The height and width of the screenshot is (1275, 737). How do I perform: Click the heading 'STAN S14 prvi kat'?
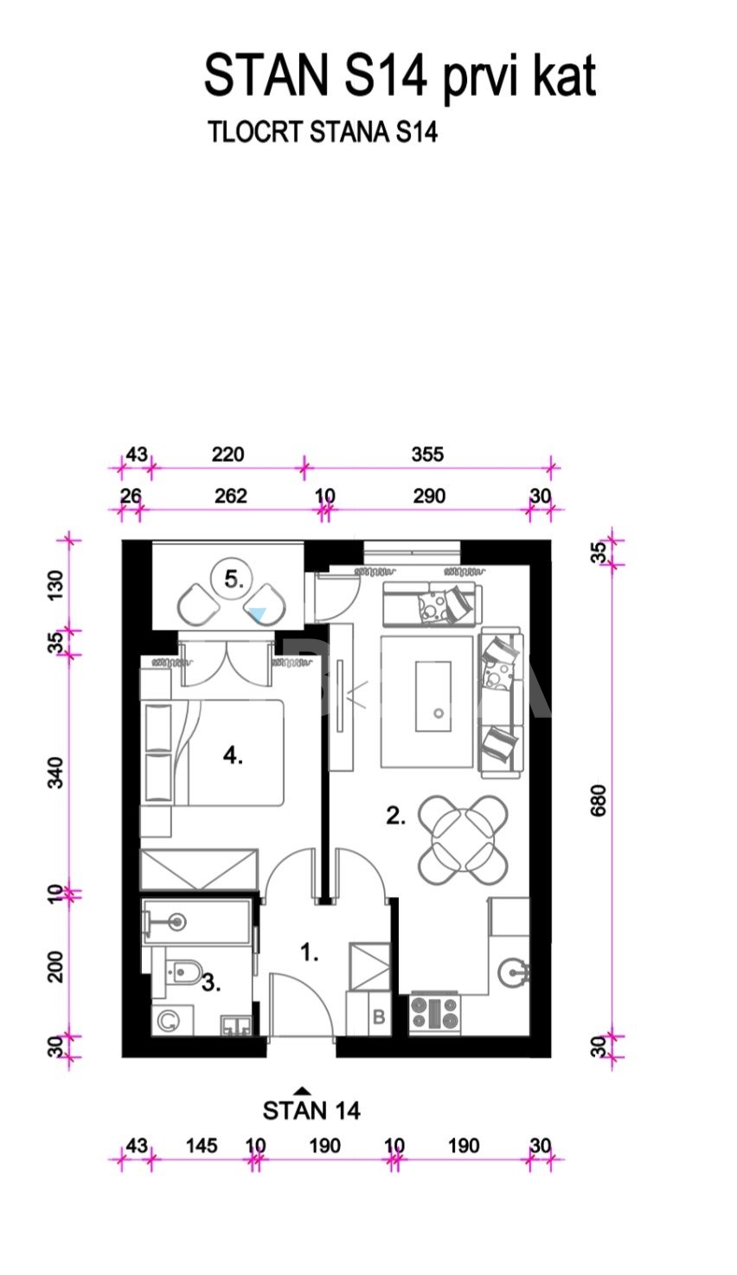pyautogui.click(x=401, y=76)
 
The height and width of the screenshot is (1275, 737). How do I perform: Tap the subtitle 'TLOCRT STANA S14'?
pyautogui.click(x=323, y=132)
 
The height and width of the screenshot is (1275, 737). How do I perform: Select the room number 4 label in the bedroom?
pyautogui.click(x=233, y=755)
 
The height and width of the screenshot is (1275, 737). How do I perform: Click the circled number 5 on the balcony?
pyautogui.click(x=234, y=579)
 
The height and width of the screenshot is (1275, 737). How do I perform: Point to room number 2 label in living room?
pyautogui.click(x=395, y=817)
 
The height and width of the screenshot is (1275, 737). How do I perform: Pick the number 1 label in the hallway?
pyautogui.click(x=309, y=951)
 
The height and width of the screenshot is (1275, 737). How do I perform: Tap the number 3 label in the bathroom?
pyautogui.click(x=211, y=983)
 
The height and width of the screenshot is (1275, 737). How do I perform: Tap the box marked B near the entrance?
pyautogui.click(x=379, y=1016)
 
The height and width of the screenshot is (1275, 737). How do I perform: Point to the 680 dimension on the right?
pyautogui.click(x=598, y=800)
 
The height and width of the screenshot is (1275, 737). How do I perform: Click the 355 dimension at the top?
pyautogui.click(x=427, y=454)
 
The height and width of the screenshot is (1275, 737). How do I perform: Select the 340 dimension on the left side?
pyautogui.click(x=55, y=772)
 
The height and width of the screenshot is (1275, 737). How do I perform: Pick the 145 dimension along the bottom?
pyautogui.click(x=202, y=1145)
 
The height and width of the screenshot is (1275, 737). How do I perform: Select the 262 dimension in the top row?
pyautogui.click(x=230, y=496)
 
